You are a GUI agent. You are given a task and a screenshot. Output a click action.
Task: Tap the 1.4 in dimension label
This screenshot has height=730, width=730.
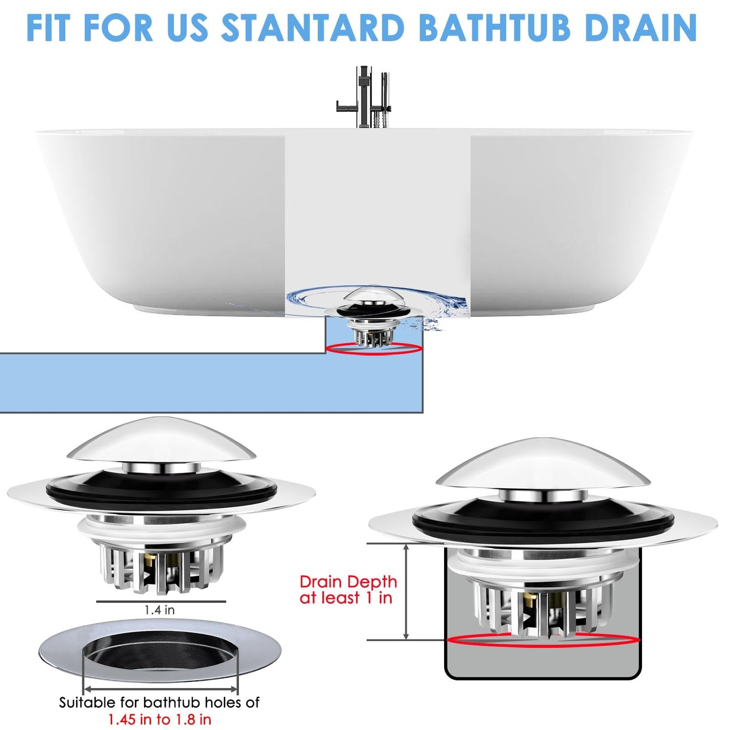pyautogui.click(x=160, y=610)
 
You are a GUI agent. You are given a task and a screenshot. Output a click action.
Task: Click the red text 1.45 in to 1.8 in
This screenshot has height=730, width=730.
pyautogui.click(x=160, y=719)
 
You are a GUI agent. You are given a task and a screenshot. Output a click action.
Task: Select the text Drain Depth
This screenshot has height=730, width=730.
pyautogui.click(x=348, y=582)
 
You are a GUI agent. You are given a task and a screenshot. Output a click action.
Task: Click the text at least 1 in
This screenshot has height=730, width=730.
pyautogui.click(x=346, y=598)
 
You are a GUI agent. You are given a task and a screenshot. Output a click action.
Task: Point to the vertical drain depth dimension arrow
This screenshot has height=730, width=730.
pyautogui.click(x=406, y=592)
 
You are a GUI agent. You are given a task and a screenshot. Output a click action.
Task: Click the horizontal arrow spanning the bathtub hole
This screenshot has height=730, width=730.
pyautogui.click(x=160, y=689)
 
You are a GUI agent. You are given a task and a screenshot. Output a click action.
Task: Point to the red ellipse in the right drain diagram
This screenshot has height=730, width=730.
pyautogui.click(x=544, y=640)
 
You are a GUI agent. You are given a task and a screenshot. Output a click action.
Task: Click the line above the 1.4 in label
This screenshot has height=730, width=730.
pyautogui.click(x=161, y=602)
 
